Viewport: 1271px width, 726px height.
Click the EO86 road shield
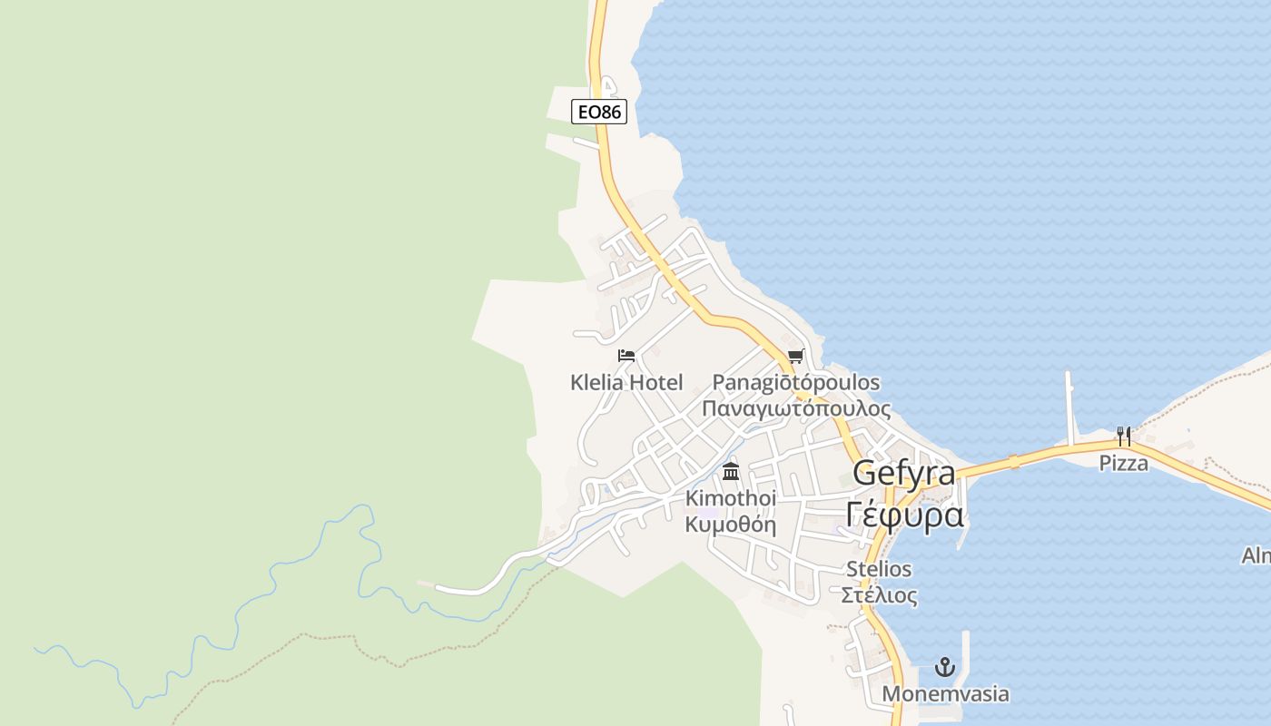click(599, 112)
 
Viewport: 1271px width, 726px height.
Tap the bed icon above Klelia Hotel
click(626, 356)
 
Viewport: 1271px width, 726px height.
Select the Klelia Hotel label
click(626, 382)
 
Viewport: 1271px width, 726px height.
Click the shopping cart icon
click(795, 356)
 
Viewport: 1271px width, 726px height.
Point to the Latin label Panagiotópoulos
click(795, 382)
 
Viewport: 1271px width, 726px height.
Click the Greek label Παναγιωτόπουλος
click(796, 407)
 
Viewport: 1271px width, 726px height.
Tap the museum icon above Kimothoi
click(731, 472)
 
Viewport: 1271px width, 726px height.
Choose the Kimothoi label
click(731, 498)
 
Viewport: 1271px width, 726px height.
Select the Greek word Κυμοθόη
click(731, 524)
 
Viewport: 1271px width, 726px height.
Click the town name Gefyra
click(904, 473)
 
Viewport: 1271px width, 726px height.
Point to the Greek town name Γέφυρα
click(904, 514)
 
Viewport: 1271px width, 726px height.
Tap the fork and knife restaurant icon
click(1124, 436)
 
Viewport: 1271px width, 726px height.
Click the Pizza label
click(1124, 463)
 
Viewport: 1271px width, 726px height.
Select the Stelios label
click(878, 569)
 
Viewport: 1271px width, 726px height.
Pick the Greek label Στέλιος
click(878, 595)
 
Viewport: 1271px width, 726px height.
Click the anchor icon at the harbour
click(945, 668)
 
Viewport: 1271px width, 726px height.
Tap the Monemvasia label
click(945, 694)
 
